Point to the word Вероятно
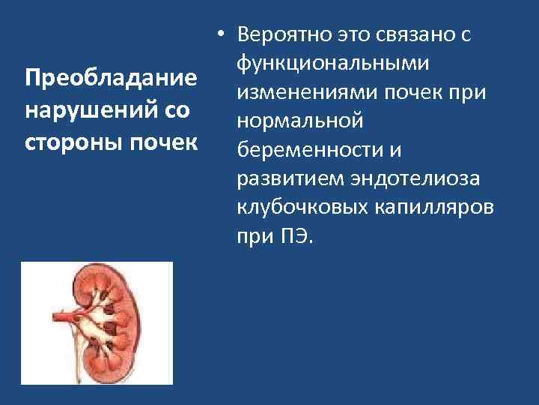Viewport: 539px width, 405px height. tap(277, 34)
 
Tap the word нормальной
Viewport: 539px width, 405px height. tap(299, 121)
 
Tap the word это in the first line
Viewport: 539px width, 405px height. tap(343, 34)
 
